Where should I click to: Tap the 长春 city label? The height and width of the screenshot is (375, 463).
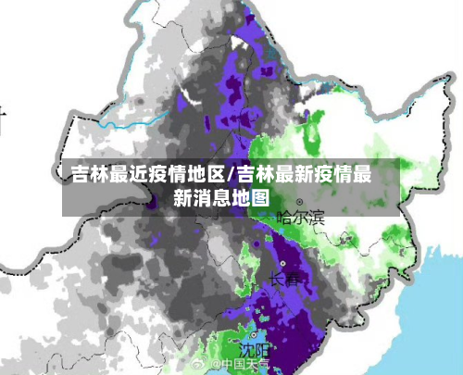pos(284,279)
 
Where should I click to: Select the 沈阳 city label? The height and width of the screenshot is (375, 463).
pos(254,350)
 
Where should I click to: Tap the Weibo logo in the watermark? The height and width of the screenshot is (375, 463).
pos(201,365)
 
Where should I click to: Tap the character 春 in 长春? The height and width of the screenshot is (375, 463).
pos(292,279)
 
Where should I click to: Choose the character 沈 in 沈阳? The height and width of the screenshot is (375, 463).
pos(246,350)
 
